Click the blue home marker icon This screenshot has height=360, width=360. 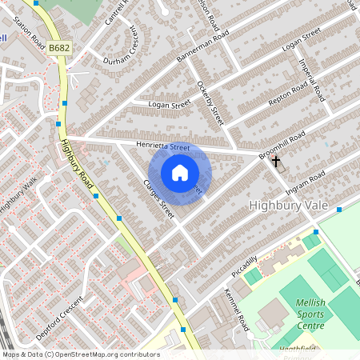180,173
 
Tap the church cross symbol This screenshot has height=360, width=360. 276,161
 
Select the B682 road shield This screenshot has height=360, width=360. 58,49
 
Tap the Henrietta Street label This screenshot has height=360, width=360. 162,146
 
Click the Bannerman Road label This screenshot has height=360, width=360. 203,46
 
